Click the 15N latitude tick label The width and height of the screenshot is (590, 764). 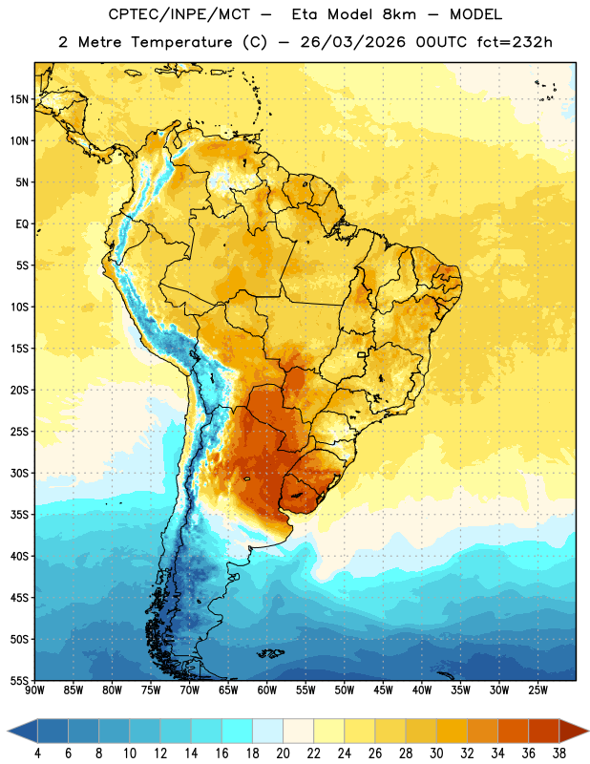[19, 99]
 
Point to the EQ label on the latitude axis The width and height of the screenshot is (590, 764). [22, 224]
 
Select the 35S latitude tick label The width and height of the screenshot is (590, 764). [19, 515]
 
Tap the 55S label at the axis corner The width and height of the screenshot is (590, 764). [19, 680]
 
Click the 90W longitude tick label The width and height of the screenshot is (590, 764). [34, 690]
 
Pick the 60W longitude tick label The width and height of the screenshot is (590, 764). [267, 690]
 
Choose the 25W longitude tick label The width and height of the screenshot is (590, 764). [537, 690]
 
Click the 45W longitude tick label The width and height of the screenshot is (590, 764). [383, 690]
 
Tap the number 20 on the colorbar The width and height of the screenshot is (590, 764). [283, 753]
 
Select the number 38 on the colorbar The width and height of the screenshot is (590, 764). [559, 753]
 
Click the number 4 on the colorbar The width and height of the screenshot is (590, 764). [38, 753]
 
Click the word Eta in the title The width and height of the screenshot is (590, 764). [305, 14]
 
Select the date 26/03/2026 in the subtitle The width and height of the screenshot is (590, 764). [352, 42]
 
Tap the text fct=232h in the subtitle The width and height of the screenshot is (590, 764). [515, 42]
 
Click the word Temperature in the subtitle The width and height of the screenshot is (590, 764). [181, 42]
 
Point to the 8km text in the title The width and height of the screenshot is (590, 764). [399, 14]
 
